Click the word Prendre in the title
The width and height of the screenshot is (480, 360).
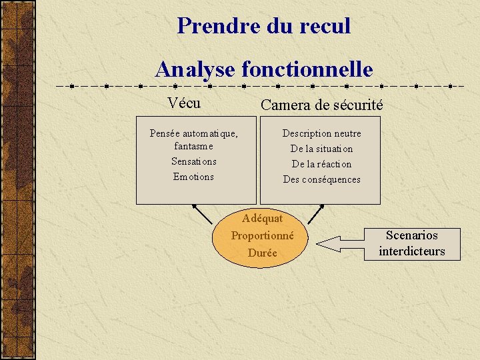[x=209, y=25]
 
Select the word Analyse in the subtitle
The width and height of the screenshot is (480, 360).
[x=195, y=68]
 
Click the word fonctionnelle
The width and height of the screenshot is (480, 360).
[x=307, y=68]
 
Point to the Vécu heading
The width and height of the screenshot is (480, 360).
[x=184, y=103]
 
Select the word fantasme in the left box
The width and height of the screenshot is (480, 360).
[x=193, y=145]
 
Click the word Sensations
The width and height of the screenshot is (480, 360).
[x=193, y=161]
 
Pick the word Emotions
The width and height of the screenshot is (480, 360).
[x=193, y=177]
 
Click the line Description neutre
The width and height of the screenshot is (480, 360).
[x=321, y=133]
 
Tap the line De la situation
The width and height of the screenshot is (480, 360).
[x=321, y=149]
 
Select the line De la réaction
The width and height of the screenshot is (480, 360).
[x=321, y=164]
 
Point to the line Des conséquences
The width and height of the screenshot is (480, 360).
[x=321, y=179]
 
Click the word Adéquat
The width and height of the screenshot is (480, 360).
[x=263, y=219]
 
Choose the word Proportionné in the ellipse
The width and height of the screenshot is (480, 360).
[x=263, y=235]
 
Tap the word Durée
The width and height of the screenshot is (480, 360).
[x=263, y=253]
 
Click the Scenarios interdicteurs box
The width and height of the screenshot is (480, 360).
[x=411, y=243]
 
